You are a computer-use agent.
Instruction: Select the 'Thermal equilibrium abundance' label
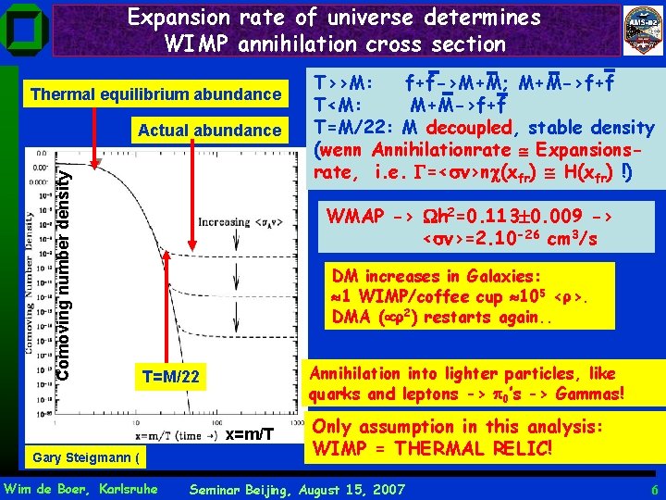click(x=155, y=94)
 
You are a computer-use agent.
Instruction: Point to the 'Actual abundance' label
click(x=208, y=131)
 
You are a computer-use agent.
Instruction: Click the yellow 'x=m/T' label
click(x=249, y=434)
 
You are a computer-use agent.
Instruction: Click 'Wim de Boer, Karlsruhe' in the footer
click(x=81, y=487)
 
